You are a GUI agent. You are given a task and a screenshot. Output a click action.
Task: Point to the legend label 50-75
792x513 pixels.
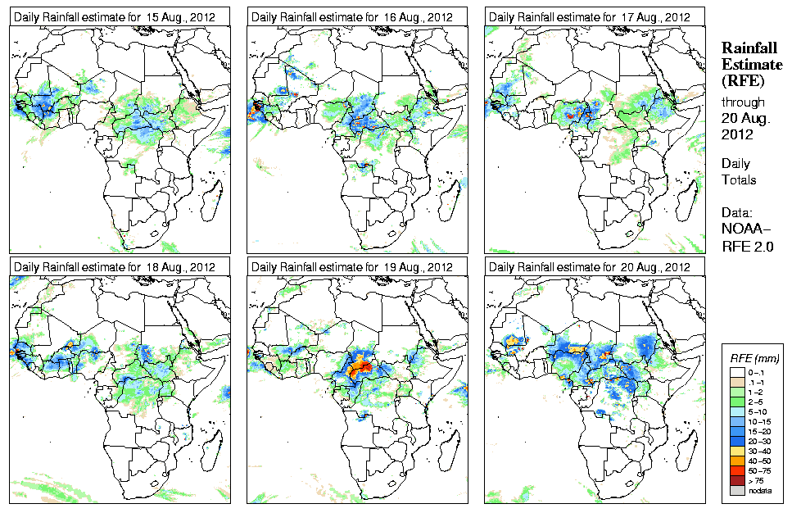point(761,470)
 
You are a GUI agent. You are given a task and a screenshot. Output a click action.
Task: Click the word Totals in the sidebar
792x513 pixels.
point(739,180)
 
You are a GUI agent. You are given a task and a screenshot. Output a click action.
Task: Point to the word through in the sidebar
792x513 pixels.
point(743,102)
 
